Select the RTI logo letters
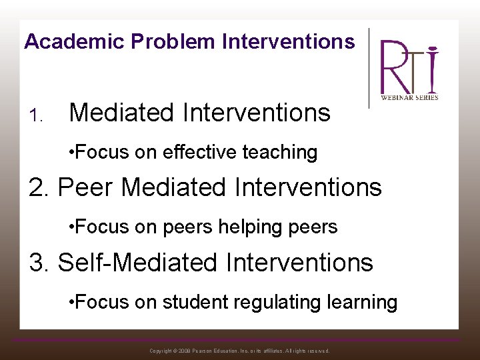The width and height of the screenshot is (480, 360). click(409, 67)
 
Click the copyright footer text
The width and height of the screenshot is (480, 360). click(239, 351)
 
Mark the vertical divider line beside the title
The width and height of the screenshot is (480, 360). click(369, 67)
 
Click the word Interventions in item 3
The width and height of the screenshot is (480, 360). click(299, 262)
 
